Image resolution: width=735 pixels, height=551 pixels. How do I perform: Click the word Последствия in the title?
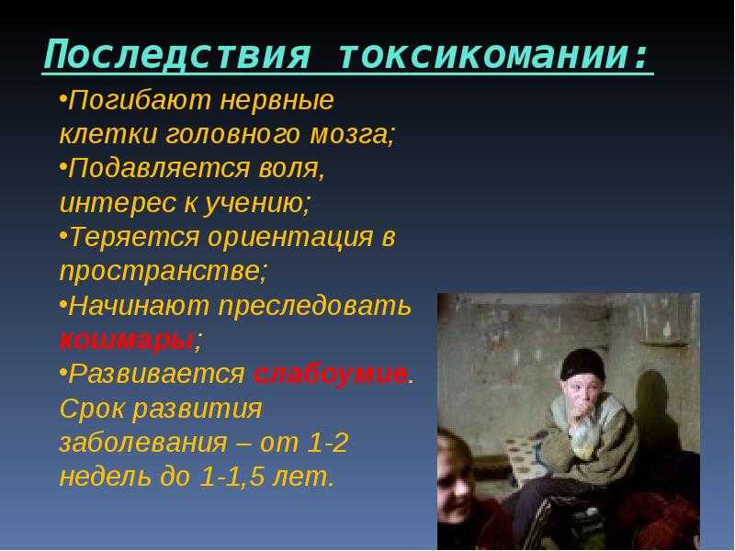click(x=176, y=55)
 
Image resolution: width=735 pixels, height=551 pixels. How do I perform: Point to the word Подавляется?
click(x=159, y=168)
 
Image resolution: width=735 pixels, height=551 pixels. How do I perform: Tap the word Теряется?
click(x=134, y=237)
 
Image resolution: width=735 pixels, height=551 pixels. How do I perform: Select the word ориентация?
click(x=290, y=237)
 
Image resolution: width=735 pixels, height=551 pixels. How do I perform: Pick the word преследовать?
click(x=315, y=306)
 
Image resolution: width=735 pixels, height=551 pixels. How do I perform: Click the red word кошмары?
click(x=127, y=341)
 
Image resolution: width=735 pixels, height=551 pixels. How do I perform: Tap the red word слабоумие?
click(x=331, y=375)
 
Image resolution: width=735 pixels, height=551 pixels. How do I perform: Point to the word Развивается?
click(x=156, y=375)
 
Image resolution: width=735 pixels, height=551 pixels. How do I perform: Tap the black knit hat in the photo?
click(x=583, y=364)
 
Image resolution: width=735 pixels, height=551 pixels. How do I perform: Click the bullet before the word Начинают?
click(x=62, y=304)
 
